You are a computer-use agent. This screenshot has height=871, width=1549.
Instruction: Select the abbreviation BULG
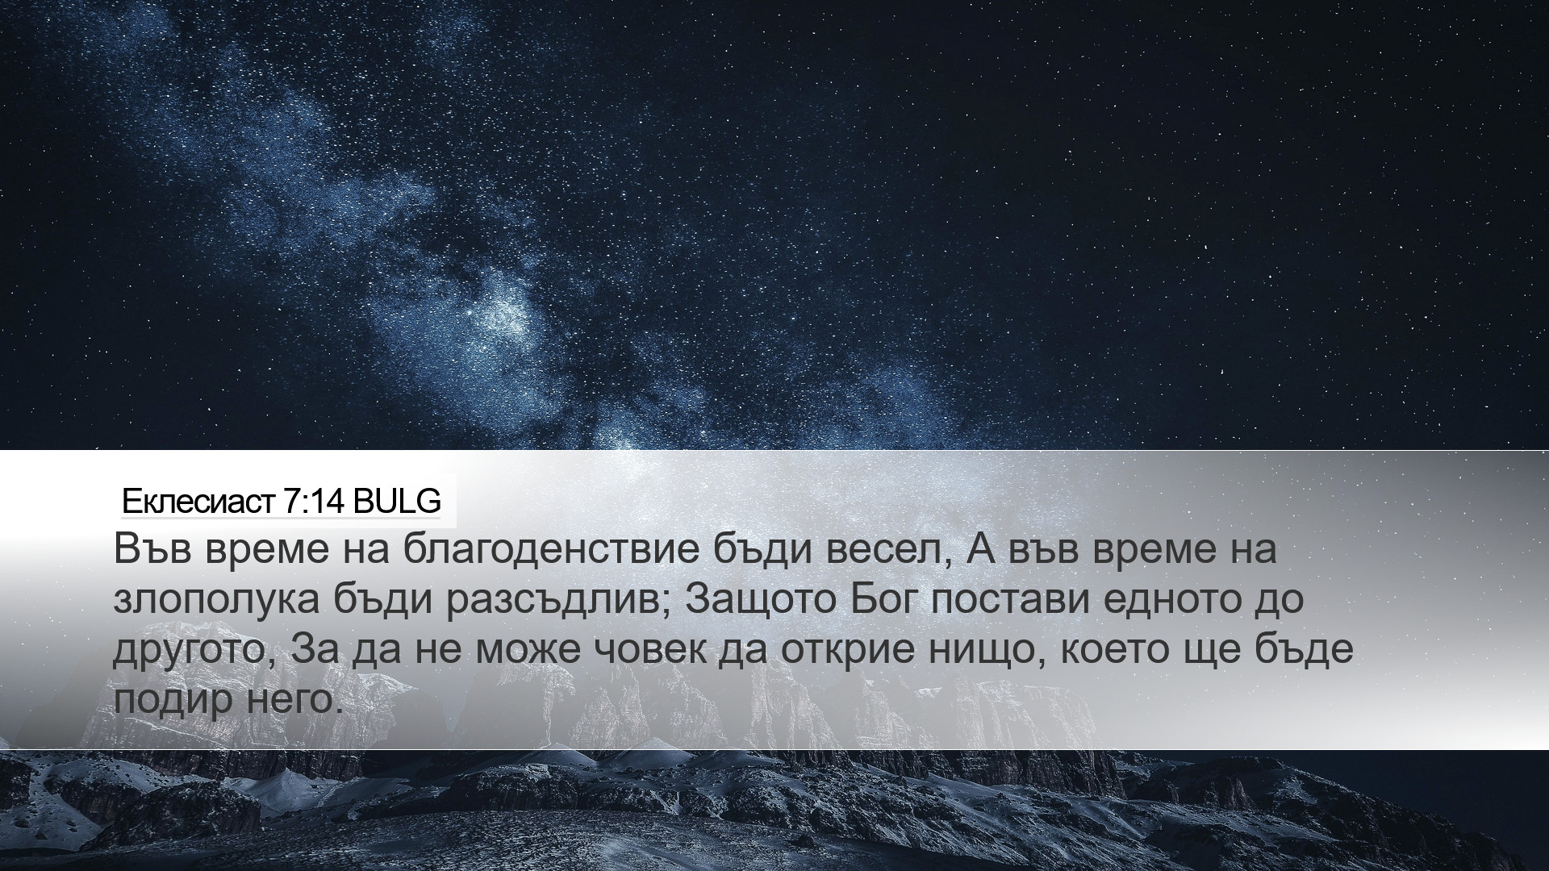[x=397, y=502]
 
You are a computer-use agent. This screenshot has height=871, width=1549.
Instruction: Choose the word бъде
[x=1306, y=649]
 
